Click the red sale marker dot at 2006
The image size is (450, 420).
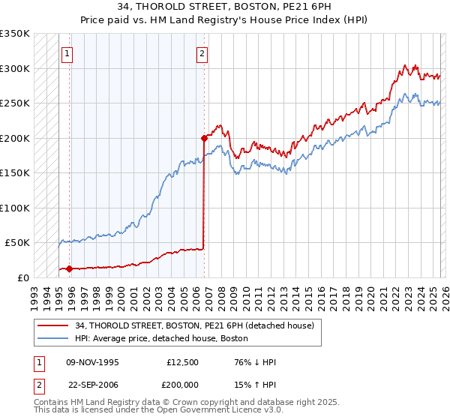204,138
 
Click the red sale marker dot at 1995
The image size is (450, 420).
69,268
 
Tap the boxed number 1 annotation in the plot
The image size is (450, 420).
68,53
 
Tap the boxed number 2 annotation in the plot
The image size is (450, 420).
203,53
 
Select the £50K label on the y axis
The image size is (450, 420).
17,243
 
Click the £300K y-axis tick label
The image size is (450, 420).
15,68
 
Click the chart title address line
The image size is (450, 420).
224,7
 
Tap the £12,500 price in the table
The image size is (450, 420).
182,362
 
